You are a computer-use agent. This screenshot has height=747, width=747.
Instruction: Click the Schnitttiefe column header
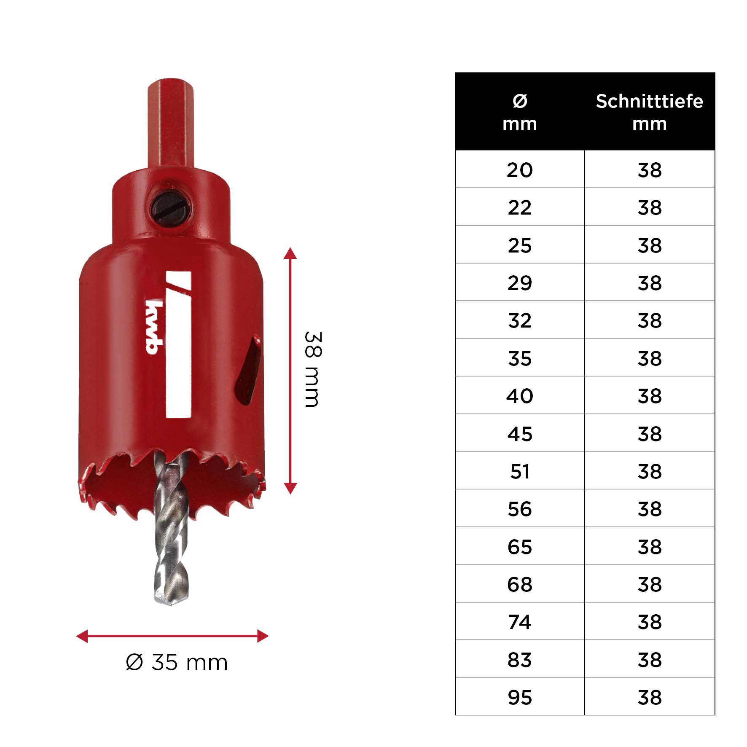649,112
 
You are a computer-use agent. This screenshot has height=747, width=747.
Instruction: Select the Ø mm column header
519,112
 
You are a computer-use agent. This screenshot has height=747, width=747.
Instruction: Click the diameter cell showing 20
519,169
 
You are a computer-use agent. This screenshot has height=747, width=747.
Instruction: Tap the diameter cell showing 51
519,471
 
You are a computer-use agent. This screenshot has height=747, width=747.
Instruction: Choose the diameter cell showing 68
519,584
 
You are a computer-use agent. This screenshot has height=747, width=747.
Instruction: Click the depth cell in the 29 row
649,282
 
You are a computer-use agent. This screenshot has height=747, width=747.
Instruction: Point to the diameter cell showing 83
519,659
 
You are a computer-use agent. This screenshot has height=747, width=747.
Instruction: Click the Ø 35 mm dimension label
177,662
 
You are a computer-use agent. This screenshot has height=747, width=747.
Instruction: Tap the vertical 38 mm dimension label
313,369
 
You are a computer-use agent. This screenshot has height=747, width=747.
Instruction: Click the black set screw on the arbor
171,208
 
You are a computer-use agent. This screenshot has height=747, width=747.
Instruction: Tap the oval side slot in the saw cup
249,369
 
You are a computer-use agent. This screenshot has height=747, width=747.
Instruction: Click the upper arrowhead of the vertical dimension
290,253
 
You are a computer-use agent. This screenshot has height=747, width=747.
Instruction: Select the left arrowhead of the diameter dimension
81,636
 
